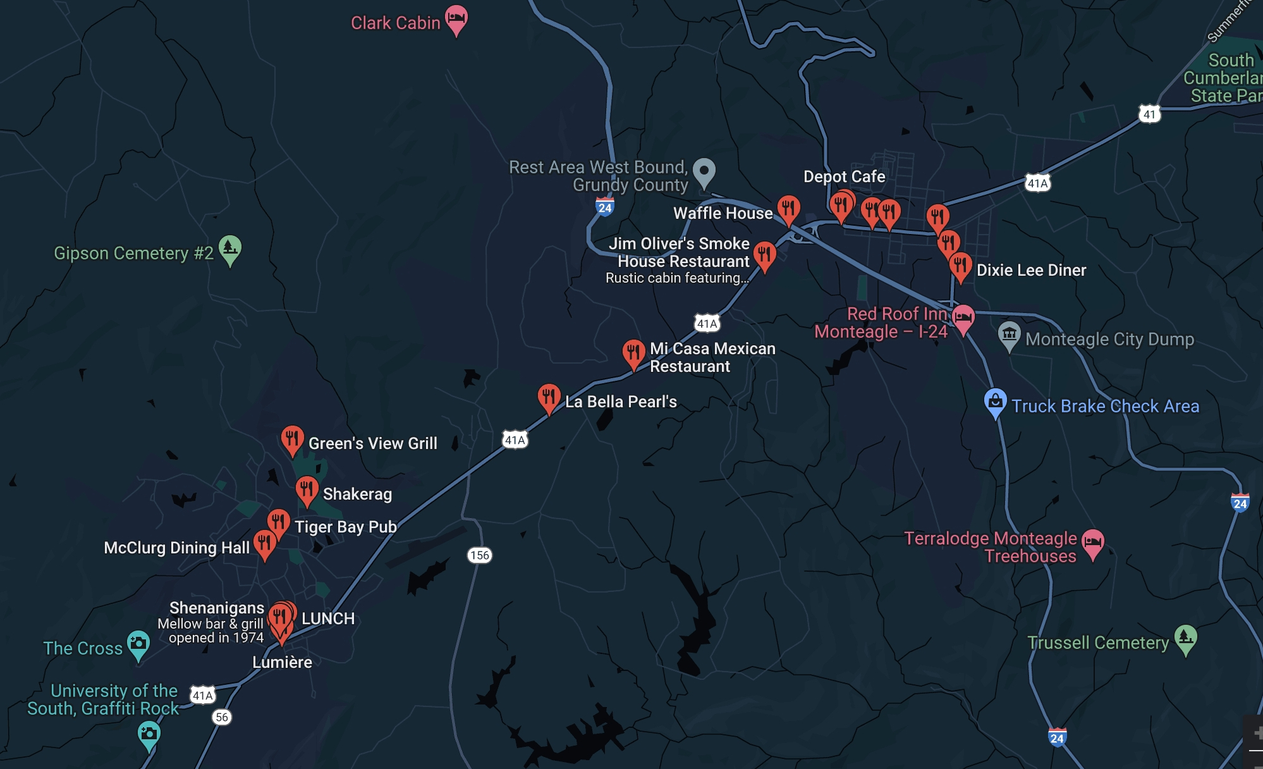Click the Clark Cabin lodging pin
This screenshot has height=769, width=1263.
click(x=456, y=19)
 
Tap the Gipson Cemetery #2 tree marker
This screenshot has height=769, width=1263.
click(x=230, y=249)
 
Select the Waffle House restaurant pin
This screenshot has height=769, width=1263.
click(x=788, y=209)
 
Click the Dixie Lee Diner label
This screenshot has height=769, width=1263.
click(x=1031, y=270)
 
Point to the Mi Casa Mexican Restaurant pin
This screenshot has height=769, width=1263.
click(x=633, y=353)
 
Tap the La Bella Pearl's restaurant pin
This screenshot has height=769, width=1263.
click(x=549, y=398)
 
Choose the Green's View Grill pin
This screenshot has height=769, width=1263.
click(x=292, y=439)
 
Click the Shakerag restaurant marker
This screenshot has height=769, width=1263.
click(x=307, y=489)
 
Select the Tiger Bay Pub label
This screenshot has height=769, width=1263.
click(x=345, y=527)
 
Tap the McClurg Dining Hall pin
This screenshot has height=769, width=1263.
click(x=265, y=543)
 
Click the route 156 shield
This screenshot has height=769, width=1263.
click(x=480, y=555)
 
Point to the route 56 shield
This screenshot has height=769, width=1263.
click(x=222, y=717)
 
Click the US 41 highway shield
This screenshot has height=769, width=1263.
click(x=1149, y=114)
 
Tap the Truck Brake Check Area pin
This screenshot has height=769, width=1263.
click(x=995, y=402)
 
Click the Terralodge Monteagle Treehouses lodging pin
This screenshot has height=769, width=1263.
click(x=1093, y=542)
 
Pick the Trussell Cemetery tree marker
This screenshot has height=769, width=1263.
click(x=1185, y=638)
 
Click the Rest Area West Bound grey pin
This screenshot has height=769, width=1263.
click(x=704, y=171)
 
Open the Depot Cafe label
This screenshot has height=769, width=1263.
click(x=844, y=176)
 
